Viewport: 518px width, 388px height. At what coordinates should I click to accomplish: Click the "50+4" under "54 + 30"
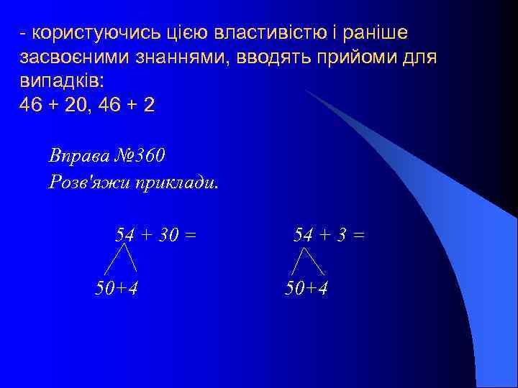(117, 288)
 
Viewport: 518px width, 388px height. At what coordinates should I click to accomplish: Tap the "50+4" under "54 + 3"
(306, 288)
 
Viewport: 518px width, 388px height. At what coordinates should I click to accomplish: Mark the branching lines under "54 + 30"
(121, 259)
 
